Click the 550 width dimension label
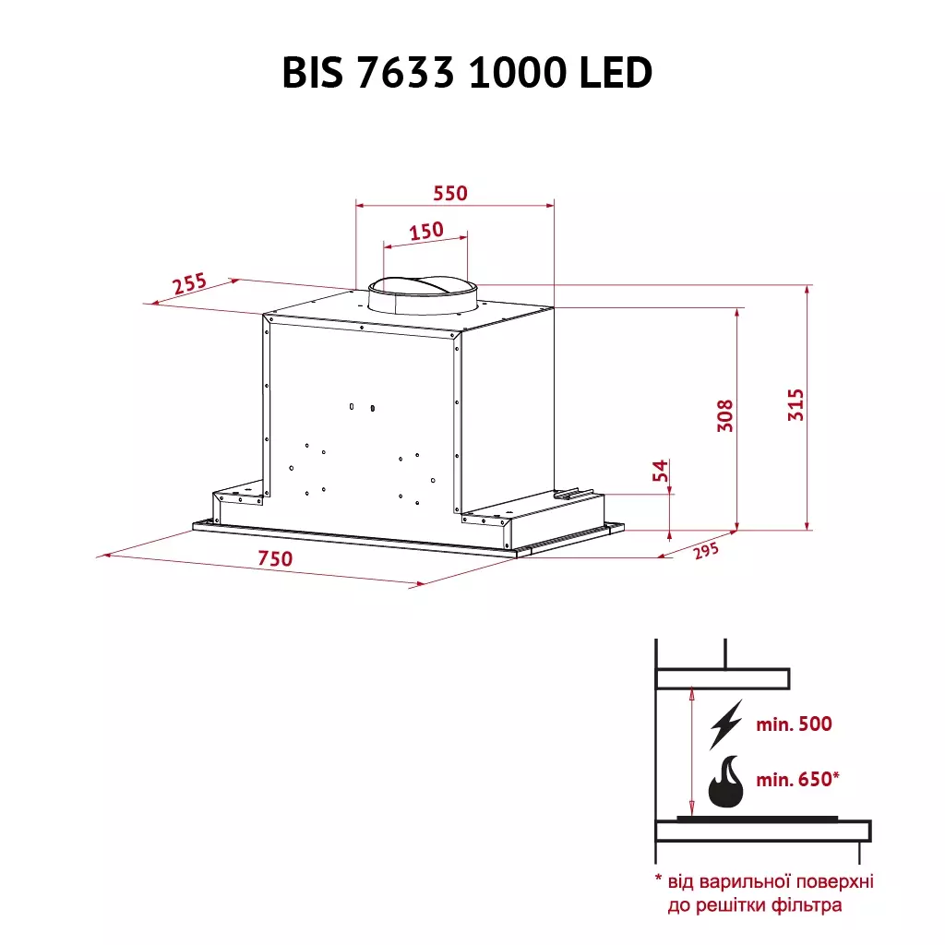(x=451, y=193)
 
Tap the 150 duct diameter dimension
(x=426, y=231)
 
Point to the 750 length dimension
(x=275, y=558)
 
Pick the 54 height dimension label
(x=660, y=472)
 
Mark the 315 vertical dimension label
(x=796, y=406)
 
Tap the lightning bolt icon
(x=724, y=724)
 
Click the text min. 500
(x=794, y=724)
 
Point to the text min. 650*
(x=797, y=780)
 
